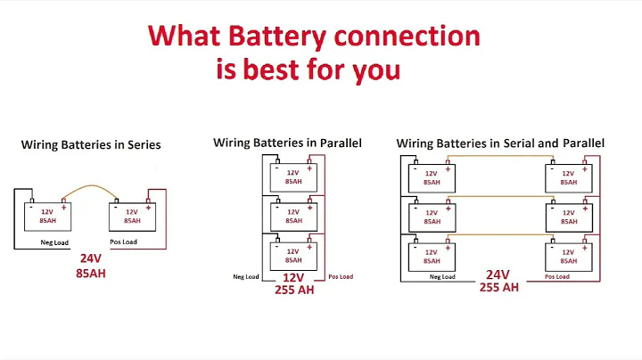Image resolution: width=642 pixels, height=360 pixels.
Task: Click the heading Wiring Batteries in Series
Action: [x=91, y=144]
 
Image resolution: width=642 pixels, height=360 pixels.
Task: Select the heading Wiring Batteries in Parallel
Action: [x=287, y=143]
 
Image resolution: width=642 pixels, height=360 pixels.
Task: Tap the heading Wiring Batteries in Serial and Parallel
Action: [x=500, y=143]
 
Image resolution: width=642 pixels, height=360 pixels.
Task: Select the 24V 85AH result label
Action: [x=90, y=266]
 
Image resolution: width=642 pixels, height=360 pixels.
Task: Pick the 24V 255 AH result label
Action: [x=498, y=281]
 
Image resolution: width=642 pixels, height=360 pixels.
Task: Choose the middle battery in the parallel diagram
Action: [x=292, y=216]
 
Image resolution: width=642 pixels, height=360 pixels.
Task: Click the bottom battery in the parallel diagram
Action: [x=292, y=255]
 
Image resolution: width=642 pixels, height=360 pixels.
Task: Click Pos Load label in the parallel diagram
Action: [x=341, y=277]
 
